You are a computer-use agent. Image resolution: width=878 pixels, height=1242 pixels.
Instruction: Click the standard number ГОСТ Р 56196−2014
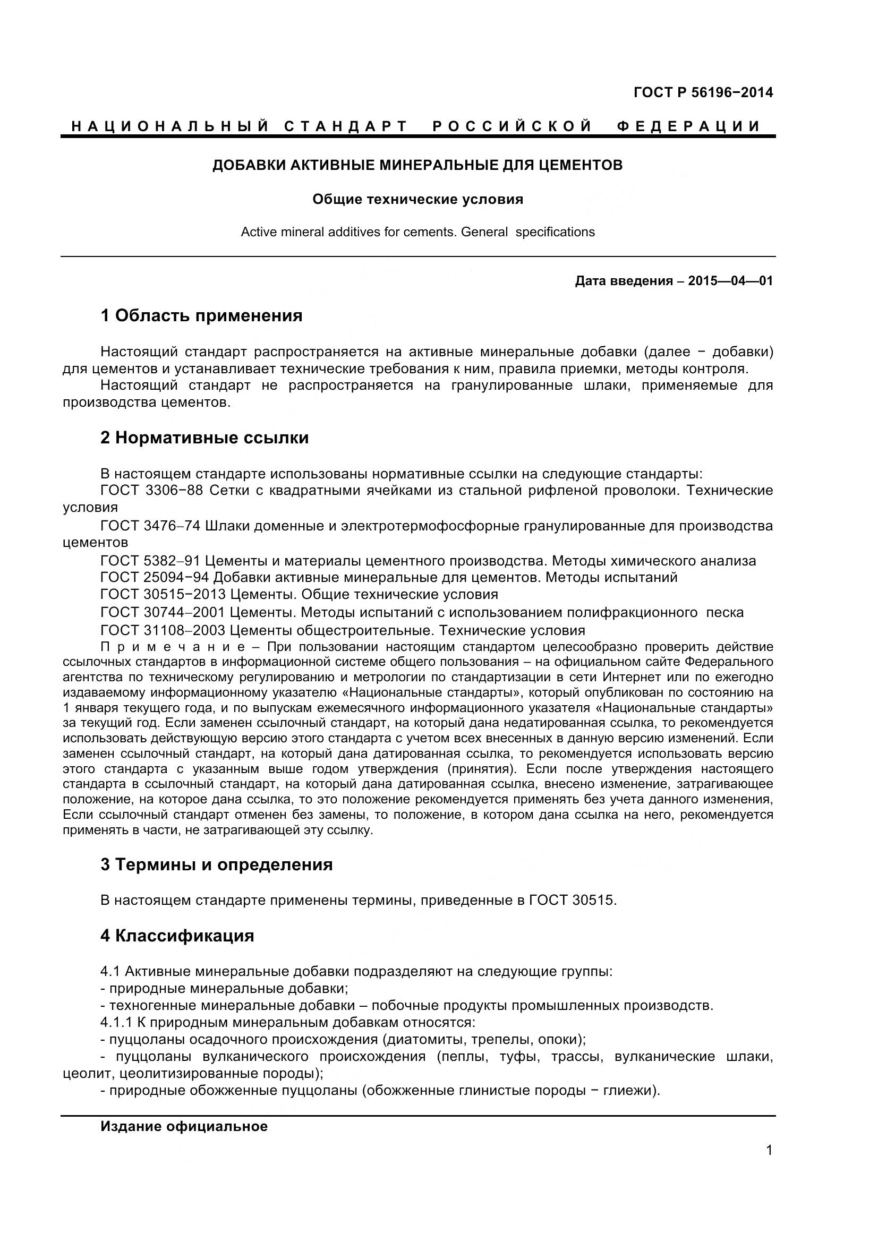click(703, 92)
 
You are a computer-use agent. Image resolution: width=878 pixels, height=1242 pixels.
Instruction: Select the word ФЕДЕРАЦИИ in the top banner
click(688, 126)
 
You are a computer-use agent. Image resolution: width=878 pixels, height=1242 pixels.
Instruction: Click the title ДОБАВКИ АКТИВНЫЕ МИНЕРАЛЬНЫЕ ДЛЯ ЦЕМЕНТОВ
click(417, 165)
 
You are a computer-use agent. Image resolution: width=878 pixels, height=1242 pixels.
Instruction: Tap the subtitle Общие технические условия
click(417, 200)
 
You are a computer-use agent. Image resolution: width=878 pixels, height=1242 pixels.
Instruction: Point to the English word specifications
click(555, 232)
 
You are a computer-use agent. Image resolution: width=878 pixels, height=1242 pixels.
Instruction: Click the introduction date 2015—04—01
click(730, 281)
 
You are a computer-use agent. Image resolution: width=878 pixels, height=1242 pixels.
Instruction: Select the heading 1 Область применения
click(201, 315)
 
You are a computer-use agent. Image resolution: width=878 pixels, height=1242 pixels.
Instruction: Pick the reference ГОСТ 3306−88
click(152, 491)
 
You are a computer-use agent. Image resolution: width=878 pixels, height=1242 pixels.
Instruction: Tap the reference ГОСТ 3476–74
click(150, 526)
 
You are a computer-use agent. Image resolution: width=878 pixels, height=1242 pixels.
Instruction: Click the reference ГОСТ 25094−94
click(155, 577)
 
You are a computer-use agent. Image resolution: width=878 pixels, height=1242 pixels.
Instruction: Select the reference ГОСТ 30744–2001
click(163, 612)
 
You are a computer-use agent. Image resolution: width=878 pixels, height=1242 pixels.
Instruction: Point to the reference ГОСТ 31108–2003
click(163, 630)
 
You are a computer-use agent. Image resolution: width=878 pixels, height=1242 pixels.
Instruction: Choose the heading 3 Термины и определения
click(216, 864)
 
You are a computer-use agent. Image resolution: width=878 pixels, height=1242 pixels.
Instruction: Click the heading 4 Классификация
click(177, 935)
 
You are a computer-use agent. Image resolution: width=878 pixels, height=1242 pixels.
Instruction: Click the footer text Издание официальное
click(184, 1126)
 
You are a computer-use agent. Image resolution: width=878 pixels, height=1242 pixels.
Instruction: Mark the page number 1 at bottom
click(769, 1151)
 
